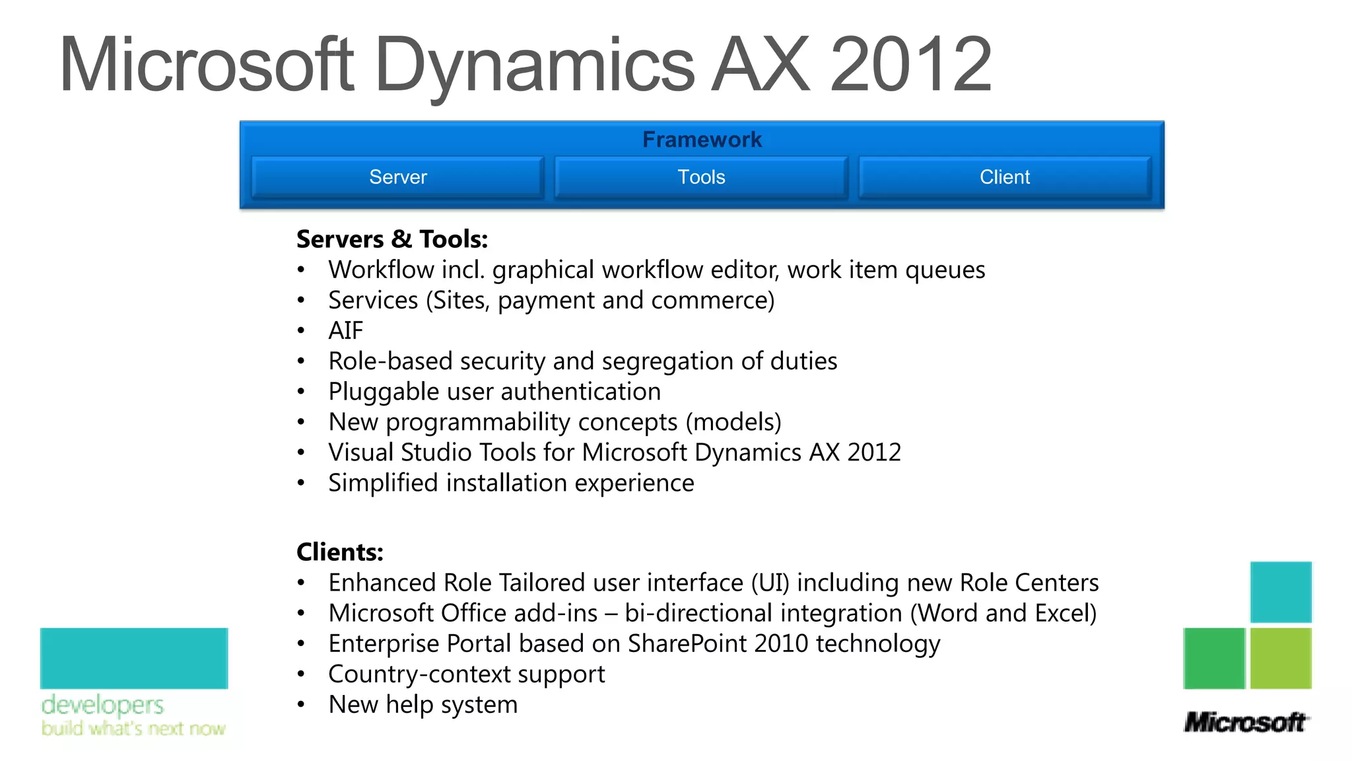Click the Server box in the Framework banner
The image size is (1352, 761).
pos(397,177)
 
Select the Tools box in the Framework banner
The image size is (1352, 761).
pos(701,177)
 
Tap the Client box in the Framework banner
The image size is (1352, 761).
pos(1004,177)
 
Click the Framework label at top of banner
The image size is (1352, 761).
pos(702,139)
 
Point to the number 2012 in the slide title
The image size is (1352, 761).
pos(910,65)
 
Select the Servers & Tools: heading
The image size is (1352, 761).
pos(392,239)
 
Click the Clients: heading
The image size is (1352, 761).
pos(340,552)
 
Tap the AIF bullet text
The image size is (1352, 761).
pos(346,330)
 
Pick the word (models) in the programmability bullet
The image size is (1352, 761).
pos(733,422)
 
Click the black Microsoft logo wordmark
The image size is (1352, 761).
pos(1245,722)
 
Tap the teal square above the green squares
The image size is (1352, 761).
pos(1281,592)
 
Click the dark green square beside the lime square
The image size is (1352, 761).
pos(1214,658)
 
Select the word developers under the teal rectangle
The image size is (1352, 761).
pos(102,706)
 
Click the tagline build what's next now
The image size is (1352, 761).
pos(133,728)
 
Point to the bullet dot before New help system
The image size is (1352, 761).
pos(301,705)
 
